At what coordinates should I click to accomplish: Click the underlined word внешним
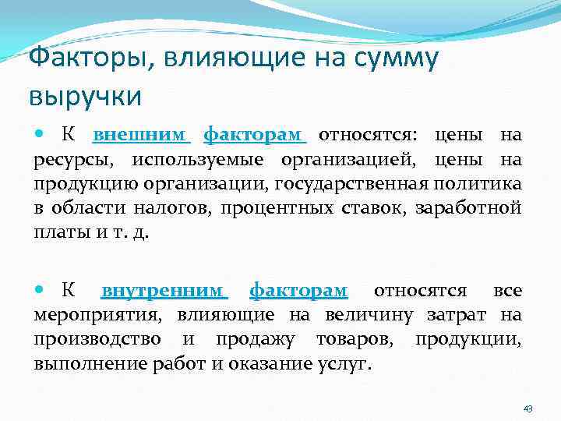click(x=141, y=136)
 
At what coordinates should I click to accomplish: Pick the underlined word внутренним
click(x=164, y=291)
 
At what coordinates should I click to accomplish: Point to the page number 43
click(x=527, y=409)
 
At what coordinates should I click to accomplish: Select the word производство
click(x=97, y=339)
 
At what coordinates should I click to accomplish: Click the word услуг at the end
click(x=344, y=363)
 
